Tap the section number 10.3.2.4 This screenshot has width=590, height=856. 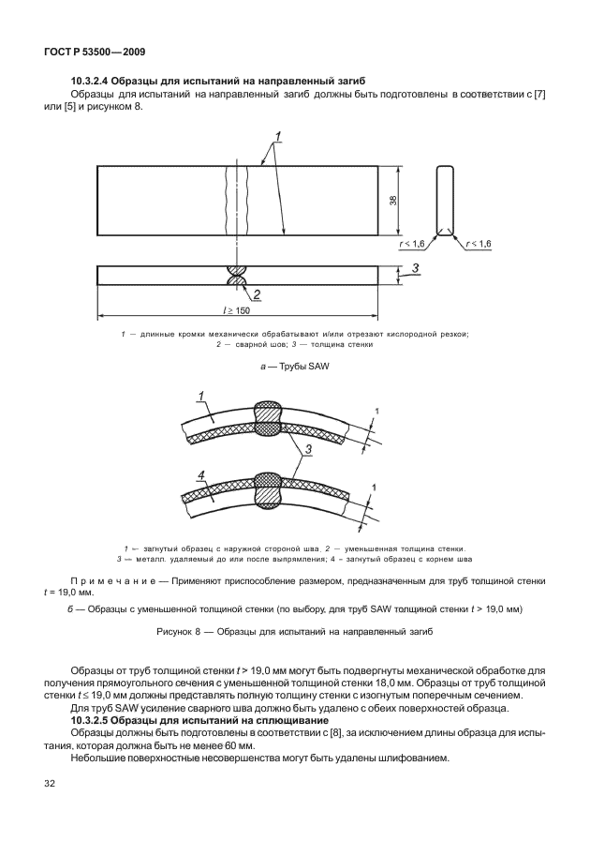click(x=97, y=83)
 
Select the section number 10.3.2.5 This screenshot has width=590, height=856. click(x=97, y=719)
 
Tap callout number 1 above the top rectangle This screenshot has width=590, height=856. click(x=280, y=136)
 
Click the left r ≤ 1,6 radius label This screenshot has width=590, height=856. click(x=412, y=244)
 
